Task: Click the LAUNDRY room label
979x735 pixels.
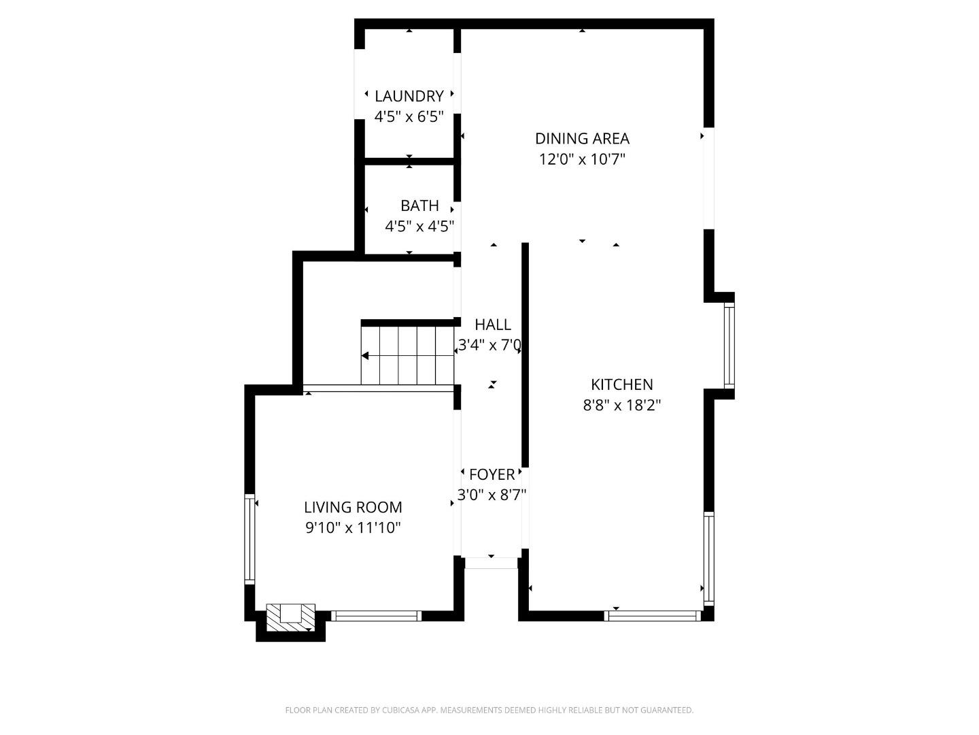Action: pyautogui.click(x=409, y=96)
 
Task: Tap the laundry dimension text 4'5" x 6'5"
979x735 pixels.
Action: pyautogui.click(x=409, y=117)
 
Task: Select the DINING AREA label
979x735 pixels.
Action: pyautogui.click(x=582, y=138)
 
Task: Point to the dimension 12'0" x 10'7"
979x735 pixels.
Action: pyautogui.click(x=582, y=159)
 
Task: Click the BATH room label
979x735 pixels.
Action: pyautogui.click(x=419, y=205)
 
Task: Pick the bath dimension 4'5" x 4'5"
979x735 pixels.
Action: pyautogui.click(x=419, y=226)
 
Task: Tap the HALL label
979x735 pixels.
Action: pyautogui.click(x=492, y=324)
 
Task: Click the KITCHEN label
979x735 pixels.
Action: pyautogui.click(x=621, y=385)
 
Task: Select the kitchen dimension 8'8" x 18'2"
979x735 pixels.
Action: pyautogui.click(x=621, y=406)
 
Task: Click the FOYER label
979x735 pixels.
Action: pyautogui.click(x=492, y=474)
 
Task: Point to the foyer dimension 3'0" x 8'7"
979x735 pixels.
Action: pyautogui.click(x=492, y=495)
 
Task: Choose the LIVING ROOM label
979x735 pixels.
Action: pyautogui.click(x=353, y=507)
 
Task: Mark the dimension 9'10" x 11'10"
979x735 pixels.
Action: pyautogui.click(x=353, y=527)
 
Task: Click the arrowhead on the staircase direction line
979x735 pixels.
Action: pyautogui.click(x=365, y=355)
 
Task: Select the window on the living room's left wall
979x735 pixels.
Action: pyautogui.click(x=250, y=538)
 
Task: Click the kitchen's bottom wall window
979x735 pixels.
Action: pyautogui.click(x=652, y=616)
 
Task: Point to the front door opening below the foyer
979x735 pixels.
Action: pyautogui.click(x=491, y=563)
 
